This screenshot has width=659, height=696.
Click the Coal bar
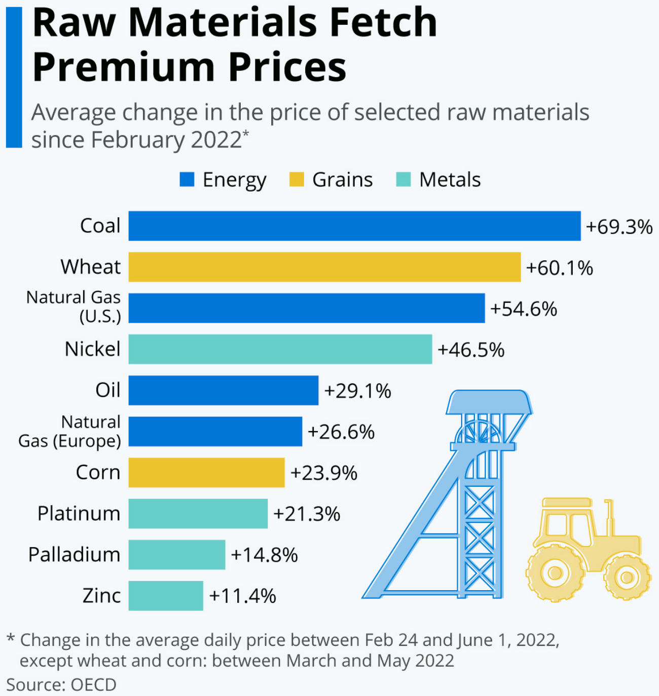tap(354, 226)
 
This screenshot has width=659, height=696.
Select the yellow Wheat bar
tap(324, 267)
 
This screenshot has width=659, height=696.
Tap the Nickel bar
tap(280, 349)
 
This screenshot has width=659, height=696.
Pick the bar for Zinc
tap(166, 596)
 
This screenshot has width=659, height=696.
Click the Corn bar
tap(206, 473)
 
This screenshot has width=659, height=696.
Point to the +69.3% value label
tap(619, 227)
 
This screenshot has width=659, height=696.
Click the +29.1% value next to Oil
tap(357, 391)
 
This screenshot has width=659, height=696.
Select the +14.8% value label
tap(264, 555)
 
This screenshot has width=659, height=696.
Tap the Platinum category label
tap(79, 513)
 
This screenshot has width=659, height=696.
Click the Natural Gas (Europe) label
tap(69, 432)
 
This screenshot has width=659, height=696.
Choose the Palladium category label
tap(75, 554)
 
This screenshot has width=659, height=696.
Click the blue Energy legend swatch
tap(187, 179)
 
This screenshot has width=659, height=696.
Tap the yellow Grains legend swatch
tap(297, 179)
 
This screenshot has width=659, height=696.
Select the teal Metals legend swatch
tap(403, 179)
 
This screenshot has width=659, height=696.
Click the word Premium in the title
tap(124, 66)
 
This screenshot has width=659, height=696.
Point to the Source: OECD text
tap(61, 684)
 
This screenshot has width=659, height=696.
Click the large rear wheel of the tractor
tap(555, 573)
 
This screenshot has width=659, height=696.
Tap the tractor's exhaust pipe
tap(609, 517)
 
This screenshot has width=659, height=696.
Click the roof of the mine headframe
tap(489, 402)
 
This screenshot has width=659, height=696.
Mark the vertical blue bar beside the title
tap(14, 77)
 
